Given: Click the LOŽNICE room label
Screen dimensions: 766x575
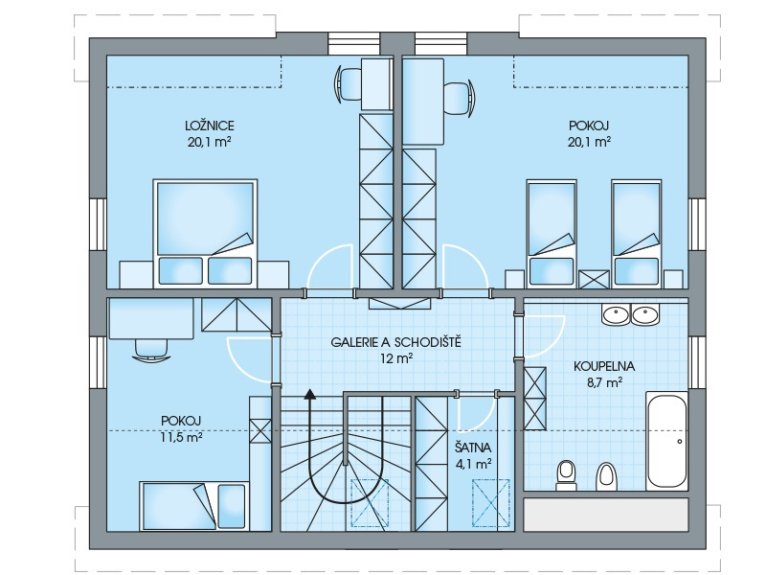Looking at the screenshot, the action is (210, 126).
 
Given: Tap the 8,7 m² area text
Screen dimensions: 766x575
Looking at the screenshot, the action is (604, 382).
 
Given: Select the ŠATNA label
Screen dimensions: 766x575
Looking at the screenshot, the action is (473, 448).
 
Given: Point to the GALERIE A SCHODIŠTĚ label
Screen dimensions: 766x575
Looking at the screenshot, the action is (395, 342).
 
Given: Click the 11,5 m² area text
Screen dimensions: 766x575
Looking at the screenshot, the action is (181, 437).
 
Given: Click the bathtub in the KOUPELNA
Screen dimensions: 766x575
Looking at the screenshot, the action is (666, 441).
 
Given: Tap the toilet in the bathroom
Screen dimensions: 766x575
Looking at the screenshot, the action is (567, 474).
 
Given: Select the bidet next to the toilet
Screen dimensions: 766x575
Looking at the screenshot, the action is (606, 476).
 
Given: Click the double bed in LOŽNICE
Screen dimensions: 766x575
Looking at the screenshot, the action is (205, 233).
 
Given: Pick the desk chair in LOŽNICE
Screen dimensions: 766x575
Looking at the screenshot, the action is (349, 84).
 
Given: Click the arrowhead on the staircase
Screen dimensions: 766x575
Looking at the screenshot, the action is (309, 394).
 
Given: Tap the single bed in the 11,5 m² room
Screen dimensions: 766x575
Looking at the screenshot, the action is (193, 506).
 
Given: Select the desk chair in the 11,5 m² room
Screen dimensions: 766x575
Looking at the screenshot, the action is (151, 350).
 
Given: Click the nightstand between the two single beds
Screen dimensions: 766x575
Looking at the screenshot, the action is (594, 279).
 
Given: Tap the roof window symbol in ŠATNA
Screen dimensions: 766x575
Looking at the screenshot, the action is (491, 504).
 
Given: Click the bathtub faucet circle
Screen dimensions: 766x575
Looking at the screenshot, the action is (680, 442).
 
